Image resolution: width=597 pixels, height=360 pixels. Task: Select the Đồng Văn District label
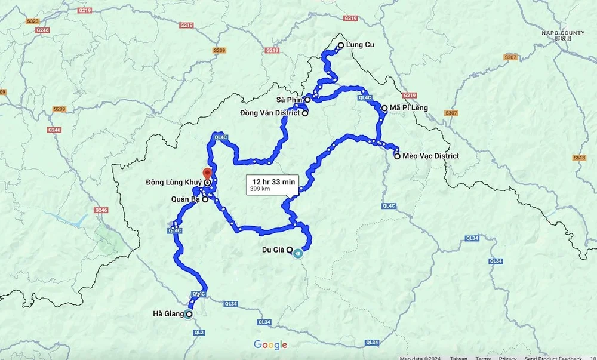coord(270,113)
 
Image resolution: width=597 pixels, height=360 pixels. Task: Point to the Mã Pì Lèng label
coord(409,109)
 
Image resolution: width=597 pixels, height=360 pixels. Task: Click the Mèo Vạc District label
coord(430,156)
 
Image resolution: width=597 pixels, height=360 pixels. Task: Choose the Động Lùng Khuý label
coord(174,182)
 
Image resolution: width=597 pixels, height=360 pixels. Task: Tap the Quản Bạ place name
coord(184,200)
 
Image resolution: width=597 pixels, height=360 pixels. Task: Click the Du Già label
coord(273,250)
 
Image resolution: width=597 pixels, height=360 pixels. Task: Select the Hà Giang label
coord(168,314)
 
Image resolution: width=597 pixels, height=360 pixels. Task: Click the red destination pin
coord(207,174)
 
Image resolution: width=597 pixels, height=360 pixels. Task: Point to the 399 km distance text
coord(260,189)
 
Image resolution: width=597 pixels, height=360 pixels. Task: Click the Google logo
coord(270,345)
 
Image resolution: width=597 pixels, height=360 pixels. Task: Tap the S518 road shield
coord(578,158)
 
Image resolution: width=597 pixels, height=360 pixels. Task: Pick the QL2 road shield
coord(199,332)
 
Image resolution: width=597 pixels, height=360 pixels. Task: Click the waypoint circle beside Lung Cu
coord(341,45)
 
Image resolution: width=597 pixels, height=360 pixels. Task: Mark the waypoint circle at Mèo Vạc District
coord(397,156)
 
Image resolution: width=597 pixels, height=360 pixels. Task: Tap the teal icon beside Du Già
coord(297,253)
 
